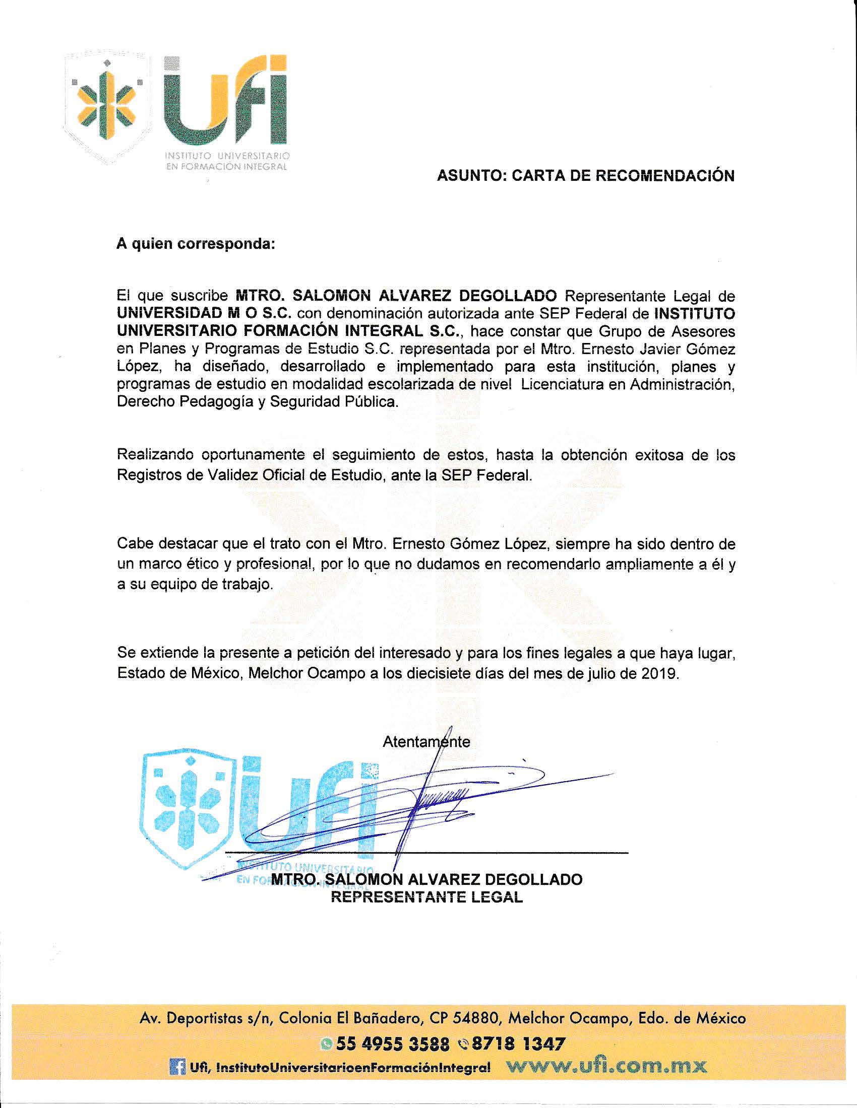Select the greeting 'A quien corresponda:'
(196, 244)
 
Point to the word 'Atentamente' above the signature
(426, 742)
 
